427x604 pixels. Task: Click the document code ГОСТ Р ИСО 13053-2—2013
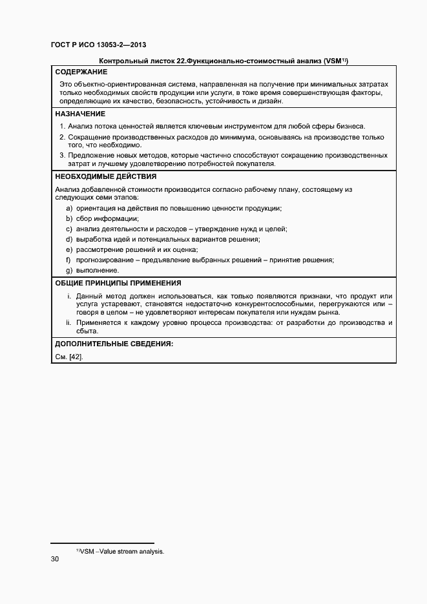(98, 45)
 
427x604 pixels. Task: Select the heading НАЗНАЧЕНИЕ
(80, 113)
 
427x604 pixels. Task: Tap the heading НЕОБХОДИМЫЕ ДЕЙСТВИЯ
(105, 176)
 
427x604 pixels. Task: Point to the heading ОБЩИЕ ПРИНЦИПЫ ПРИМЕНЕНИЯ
(118, 283)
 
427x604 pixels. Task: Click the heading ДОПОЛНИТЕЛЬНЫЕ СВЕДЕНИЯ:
(114, 344)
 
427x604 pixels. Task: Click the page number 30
(55, 559)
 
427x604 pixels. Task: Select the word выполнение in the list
(98, 270)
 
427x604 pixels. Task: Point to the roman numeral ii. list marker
(69, 322)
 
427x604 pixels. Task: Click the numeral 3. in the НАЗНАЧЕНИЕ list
(62, 155)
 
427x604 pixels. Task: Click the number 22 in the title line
(156, 61)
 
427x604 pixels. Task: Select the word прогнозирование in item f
(105, 260)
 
